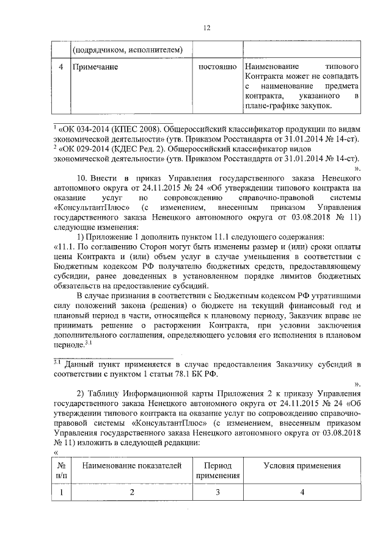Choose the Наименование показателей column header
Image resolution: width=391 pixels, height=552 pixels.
point(132,465)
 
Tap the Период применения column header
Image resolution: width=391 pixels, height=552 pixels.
point(218,470)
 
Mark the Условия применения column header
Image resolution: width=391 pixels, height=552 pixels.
point(302,465)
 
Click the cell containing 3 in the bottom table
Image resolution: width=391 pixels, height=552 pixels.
point(218,492)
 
